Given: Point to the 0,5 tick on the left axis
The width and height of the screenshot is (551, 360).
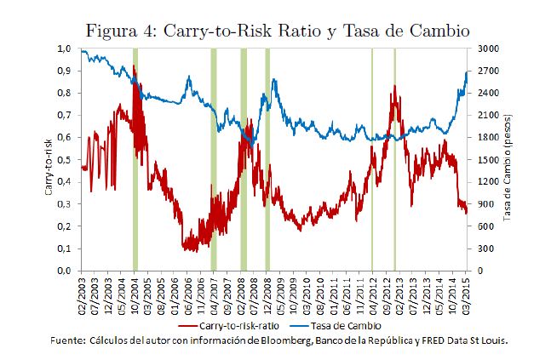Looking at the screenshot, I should click(x=66, y=159).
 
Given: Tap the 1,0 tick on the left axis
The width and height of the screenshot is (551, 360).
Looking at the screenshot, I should click(x=66, y=49).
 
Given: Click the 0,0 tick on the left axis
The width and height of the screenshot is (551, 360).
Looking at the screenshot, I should click(x=66, y=271).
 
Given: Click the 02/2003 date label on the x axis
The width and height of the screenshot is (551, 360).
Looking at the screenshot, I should click(x=83, y=294).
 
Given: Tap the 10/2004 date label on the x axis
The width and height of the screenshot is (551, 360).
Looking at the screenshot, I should click(x=135, y=294).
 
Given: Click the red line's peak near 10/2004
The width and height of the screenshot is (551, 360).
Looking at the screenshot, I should click(x=135, y=66).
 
